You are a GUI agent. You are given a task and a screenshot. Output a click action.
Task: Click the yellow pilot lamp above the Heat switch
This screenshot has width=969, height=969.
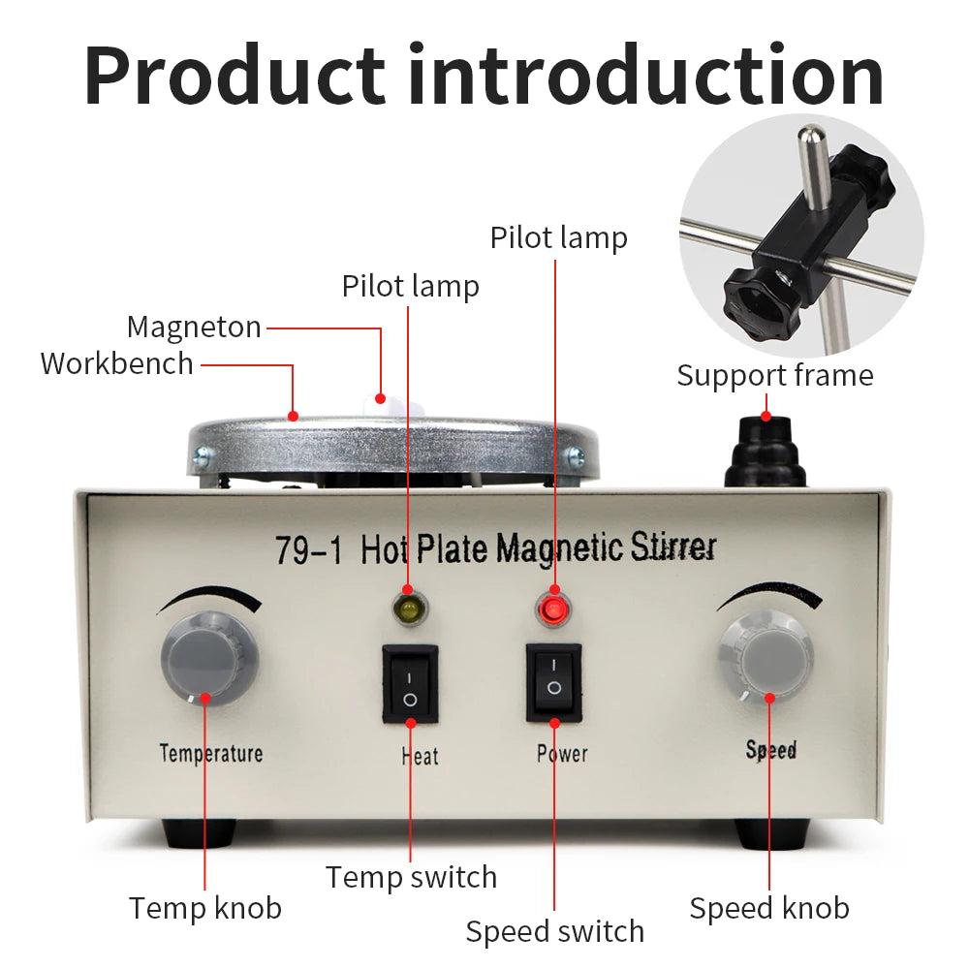408,610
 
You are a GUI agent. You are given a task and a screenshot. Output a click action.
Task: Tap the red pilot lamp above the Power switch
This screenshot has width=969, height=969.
553,610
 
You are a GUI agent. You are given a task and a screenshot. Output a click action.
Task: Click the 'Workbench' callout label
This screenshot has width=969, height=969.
116,364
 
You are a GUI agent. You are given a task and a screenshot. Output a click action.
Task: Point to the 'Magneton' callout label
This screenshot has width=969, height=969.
194,328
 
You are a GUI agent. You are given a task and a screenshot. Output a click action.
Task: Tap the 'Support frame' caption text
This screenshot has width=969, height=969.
774,376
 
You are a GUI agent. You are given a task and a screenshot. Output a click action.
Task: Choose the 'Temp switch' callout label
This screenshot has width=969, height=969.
411,877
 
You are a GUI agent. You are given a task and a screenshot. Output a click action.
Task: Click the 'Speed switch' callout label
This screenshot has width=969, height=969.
554,931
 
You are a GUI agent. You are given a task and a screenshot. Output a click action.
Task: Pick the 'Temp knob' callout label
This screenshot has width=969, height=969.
205,908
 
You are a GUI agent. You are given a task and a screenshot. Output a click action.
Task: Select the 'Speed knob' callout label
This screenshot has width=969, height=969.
769,908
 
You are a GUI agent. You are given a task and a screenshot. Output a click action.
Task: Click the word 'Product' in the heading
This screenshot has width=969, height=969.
234,76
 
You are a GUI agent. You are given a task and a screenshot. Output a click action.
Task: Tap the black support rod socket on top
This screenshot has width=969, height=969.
766,453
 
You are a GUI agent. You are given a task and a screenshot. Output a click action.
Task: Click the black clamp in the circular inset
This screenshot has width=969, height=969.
785,247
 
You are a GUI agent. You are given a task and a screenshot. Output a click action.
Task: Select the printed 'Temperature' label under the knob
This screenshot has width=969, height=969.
210,753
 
